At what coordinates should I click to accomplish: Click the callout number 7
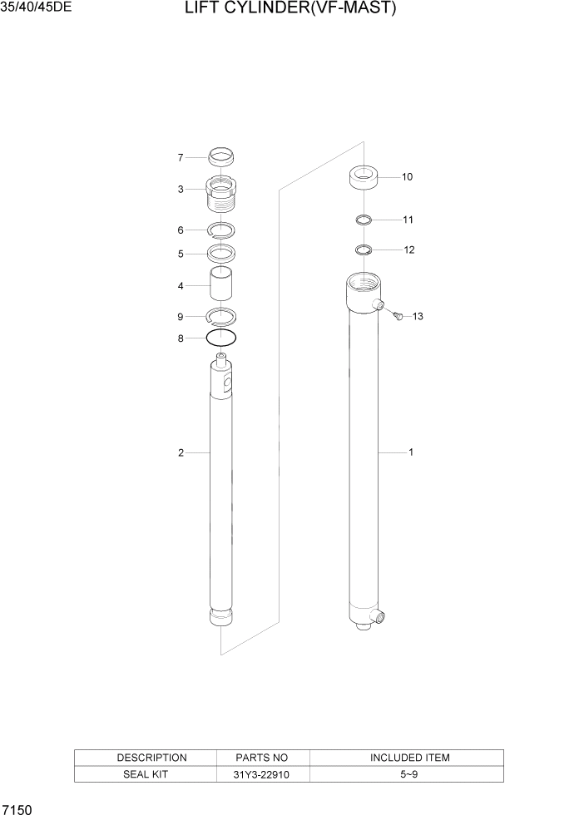pyautogui.click(x=180, y=157)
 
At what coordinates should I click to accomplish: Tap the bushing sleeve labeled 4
pyautogui.click(x=221, y=285)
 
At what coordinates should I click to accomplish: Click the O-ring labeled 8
pyautogui.click(x=221, y=338)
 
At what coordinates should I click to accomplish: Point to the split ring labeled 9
pyautogui.click(x=221, y=315)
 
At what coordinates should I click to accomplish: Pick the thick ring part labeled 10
pyautogui.click(x=363, y=177)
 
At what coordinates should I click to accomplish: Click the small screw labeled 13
pyautogui.click(x=396, y=315)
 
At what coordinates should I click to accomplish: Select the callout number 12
pyautogui.click(x=408, y=249)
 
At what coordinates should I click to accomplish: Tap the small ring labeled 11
pyautogui.click(x=363, y=220)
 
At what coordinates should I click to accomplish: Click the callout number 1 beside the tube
pyautogui.click(x=411, y=452)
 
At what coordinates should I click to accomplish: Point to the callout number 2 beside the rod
pyautogui.click(x=180, y=452)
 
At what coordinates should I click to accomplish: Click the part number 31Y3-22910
pyautogui.click(x=262, y=774)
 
